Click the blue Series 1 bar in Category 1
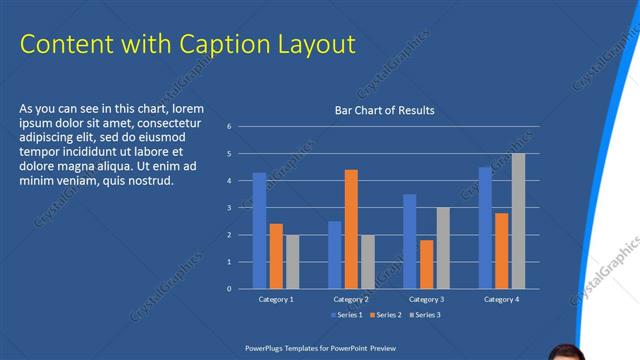pyautogui.click(x=259, y=230)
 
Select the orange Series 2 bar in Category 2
pyautogui.click(x=351, y=229)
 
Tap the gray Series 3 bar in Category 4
pyautogui.click(x=518, y=221)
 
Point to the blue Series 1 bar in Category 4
pyautogui.click(x=485, y=228)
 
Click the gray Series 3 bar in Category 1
pyautogui.click(x=292, y=262)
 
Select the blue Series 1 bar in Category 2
pyautogui.click(x=334, y=255)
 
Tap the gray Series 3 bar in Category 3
pyautogui.click(x=443, y=248)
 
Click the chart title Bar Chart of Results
pyautogui.click(x=384, y=110)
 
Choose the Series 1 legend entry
pyautogui.click(x=347, y=315)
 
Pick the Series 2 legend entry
pyautogui.click(x=388, y=315)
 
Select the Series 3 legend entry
pyautogui.click(x=426, y=315)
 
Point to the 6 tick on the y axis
pyautogui.click(x=229, y=127)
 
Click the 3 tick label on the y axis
pyautogui.click(x=229, y=208)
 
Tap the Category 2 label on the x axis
pyautogui.click(x=350, y=299)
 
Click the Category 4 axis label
pyautogui.click(x=501, y=299)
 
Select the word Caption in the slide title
pyautogui.click(x=214, y=44)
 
